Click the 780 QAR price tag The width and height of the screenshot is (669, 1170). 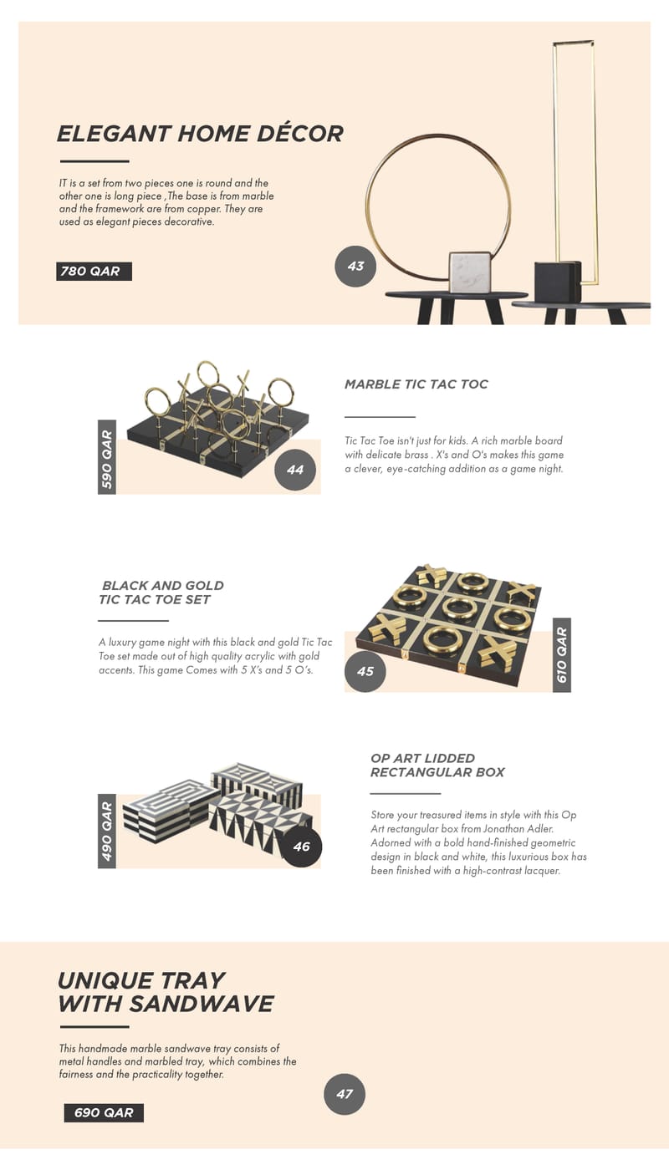click(x=94, y=271)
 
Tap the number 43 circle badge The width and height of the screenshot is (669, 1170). click(x=355, y=266)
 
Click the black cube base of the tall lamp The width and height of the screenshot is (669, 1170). click(x=557, y=282)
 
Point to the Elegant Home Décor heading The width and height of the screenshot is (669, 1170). click(x=200, y=134)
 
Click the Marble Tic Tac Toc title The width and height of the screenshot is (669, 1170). click(x=416, y=384)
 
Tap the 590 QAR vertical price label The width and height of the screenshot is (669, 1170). click(x=107, y=457)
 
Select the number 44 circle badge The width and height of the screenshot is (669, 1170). click(x=295, y=470)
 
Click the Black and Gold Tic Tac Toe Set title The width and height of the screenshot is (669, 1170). click(x=161, y=593)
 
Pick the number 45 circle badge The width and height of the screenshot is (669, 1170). click(x=365, y=671)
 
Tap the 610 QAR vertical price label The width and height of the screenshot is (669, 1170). click(x=562, y=655)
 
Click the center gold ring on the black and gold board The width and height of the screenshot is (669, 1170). click(x=459, y=607)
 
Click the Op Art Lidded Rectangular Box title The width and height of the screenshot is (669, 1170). click(x=437, y=765)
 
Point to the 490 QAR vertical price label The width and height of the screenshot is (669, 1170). click(x=107, y=831)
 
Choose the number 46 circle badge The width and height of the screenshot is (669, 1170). click(x=301, y=846)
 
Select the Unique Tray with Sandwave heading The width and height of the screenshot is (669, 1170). click(x=166, y=992)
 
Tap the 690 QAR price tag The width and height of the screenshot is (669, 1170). click(x=104, y=1112)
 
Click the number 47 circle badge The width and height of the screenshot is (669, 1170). click(x=345, y=1094)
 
